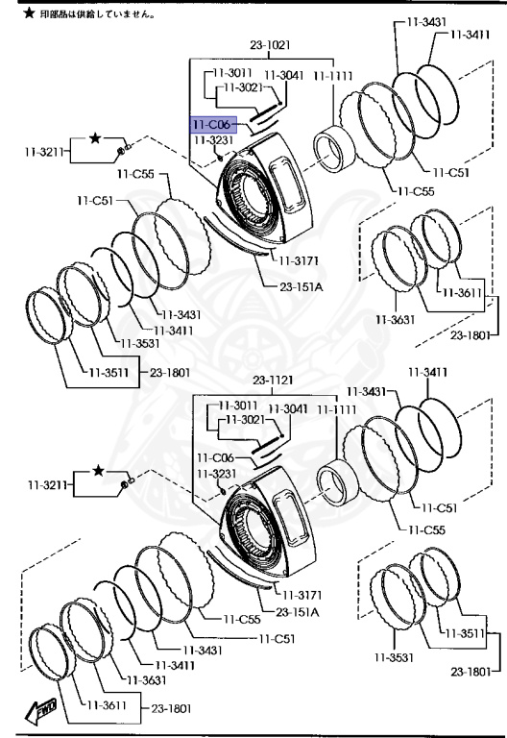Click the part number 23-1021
[270, 45]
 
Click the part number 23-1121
[273, 381]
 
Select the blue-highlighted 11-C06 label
[213, 125]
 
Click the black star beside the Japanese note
[29, 13]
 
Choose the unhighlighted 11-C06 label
[215, 458]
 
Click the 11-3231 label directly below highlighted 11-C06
[214, 140]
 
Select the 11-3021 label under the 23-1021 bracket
[242, 87]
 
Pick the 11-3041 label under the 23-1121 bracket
[288, 408]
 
